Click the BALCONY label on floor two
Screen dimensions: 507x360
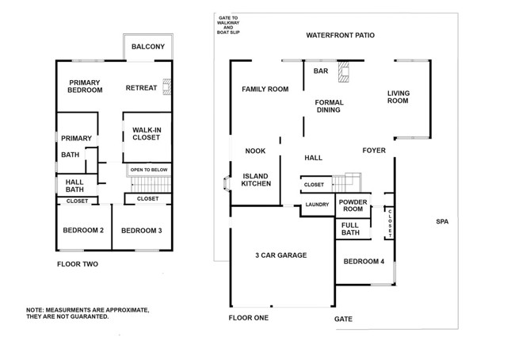coord(148,47)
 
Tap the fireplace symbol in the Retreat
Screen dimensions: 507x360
coord(167,86)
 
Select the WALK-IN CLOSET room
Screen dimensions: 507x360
coord(147,137)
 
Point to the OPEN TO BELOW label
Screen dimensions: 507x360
coord(149,170)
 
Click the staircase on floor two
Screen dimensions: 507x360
coord(151,185)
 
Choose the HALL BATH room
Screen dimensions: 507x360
coord(77,186)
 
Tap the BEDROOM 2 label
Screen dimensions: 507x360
coord(83,230)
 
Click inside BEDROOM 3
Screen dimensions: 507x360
coord(142,228)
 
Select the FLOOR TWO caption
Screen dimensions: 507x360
coord(78,264)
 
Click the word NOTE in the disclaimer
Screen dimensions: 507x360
coord(34,310)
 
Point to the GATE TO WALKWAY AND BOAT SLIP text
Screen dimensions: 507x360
coord(228,25)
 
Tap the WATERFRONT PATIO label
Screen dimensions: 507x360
coord(340,36)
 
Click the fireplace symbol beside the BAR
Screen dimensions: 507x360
coord(344,71)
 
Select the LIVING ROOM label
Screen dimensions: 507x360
coord(398,97)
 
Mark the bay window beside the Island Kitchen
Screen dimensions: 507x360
coord(227,183)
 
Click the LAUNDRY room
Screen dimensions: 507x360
coord(317,205)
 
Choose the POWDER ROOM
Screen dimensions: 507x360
coord(353,205)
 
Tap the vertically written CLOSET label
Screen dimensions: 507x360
coord(391,224)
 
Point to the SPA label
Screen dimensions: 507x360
coord(442,222)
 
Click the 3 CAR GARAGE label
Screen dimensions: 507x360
coord(281,255)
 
